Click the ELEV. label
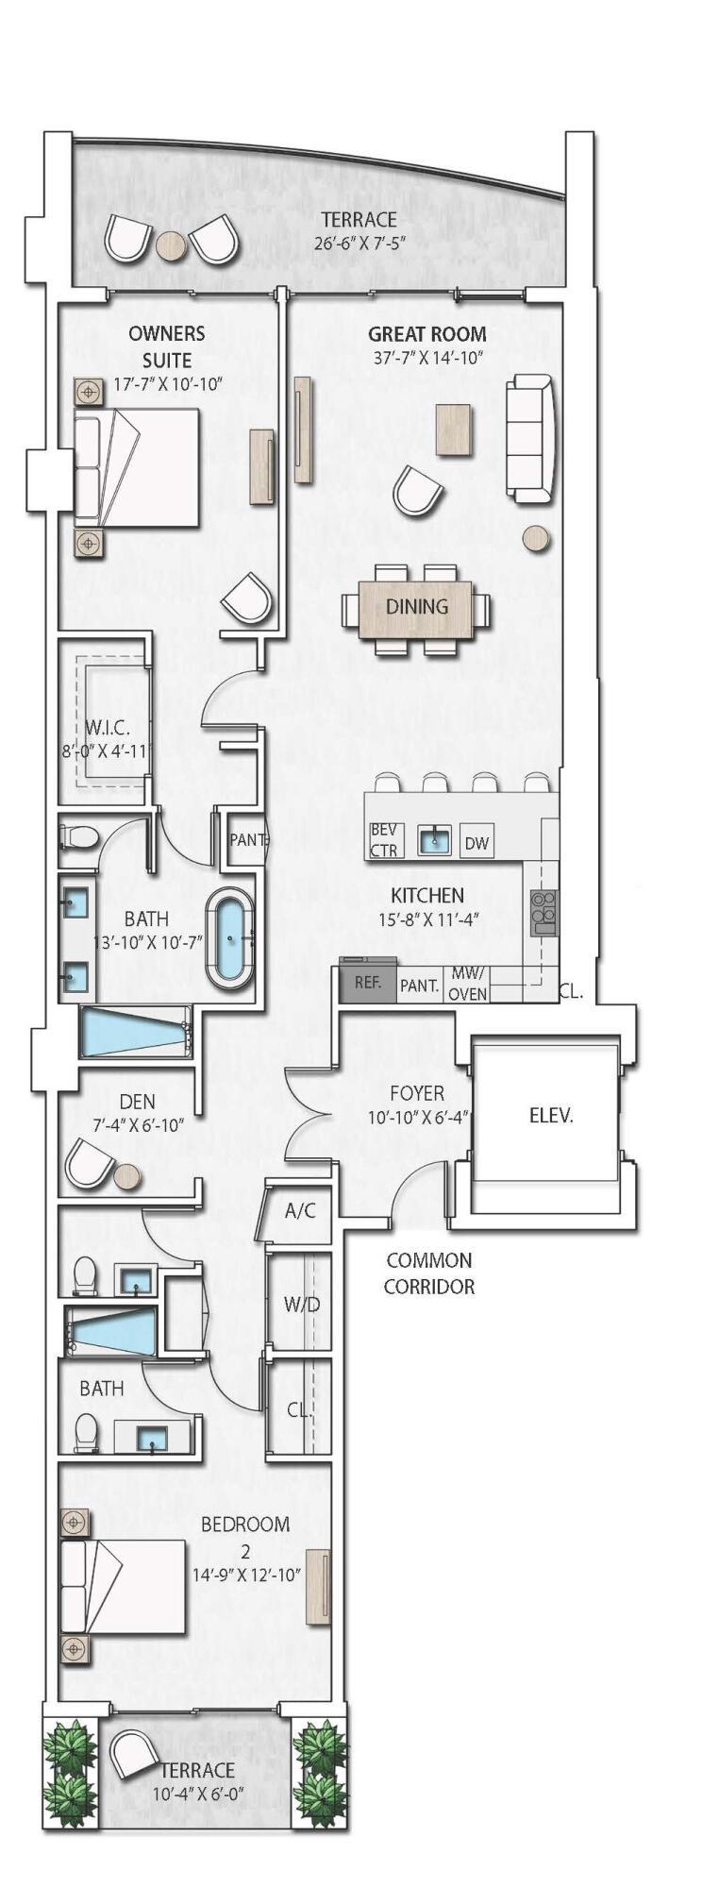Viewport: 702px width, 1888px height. click(x=551, y=1115)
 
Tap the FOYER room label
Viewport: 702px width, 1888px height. click(x=417, y=1093)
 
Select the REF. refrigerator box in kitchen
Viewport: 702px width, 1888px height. click(x=368, y=983)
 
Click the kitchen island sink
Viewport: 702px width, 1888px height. click(x=434, y=840)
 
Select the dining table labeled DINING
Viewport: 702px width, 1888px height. click(x=416, y=606)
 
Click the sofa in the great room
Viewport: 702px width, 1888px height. click(x=530, y=439)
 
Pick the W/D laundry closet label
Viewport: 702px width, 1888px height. click(x=302, y=1305)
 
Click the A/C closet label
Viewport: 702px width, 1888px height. click(x=300, y=1210)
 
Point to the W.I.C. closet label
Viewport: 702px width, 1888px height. click(x=107, y=728)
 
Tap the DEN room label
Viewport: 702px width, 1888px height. click(x=138, y=1102)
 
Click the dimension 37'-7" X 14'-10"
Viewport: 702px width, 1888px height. click(x=426, y=358)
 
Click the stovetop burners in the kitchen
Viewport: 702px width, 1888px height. click(x=543, y=912)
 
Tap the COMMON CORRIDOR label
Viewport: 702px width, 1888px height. click(x=429, y=1273)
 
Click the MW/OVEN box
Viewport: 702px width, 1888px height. click(x=468, y=983)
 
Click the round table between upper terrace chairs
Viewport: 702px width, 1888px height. click(x=171, y=245)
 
